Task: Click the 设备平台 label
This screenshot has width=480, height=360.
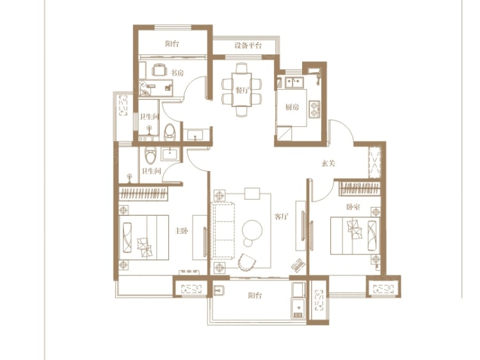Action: (x=248, y=46)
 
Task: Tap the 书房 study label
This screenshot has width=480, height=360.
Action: (x=177, y=73)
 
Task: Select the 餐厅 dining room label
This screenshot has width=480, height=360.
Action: (x=242, y=90)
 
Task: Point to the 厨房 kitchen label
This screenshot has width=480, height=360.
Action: (x=292, y=107)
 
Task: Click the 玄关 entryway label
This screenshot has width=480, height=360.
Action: (x=328, y=163)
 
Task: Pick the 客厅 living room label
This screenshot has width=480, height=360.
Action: (x=282, y=217)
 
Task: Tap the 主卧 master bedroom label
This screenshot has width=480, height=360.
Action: (x=181, y=231)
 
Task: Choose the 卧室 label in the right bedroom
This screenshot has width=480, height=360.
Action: (x=353, y=207)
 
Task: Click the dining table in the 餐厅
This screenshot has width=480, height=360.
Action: (x=242, y=90)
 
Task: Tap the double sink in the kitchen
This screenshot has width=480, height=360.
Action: (x=294, y=83)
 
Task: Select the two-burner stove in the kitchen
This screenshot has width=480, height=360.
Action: (x=314, y=109)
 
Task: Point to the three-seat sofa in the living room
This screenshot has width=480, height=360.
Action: (x=223, y=231)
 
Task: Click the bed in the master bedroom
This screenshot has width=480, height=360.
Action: (x=144, y=238)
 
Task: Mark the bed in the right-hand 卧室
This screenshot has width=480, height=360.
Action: (x=355, y=236)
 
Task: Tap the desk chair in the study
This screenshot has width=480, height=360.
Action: (x=159, y=70)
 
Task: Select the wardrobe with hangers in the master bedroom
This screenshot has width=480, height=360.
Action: (x=143, y=193)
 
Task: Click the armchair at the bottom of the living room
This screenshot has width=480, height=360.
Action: (x=246, y=262)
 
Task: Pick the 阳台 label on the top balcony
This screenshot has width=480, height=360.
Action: (x=172, y=44)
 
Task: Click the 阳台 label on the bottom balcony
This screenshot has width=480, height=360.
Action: (x=255, y=296)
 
